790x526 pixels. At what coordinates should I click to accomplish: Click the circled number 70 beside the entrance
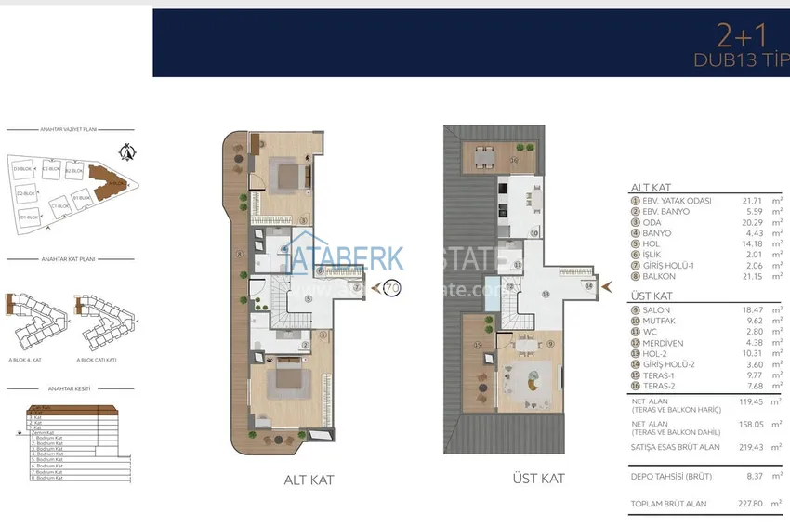[x=391, y=288]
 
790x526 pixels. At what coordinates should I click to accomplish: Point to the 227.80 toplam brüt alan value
[x=740, y=504]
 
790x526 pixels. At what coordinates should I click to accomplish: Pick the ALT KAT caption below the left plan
[x=309, y=480]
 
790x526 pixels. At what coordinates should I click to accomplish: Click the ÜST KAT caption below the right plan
[x=538, y=479]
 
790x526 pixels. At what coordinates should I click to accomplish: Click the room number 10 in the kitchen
[x=534, y=233]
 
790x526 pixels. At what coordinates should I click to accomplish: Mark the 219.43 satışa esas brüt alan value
[x=740, y=447]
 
